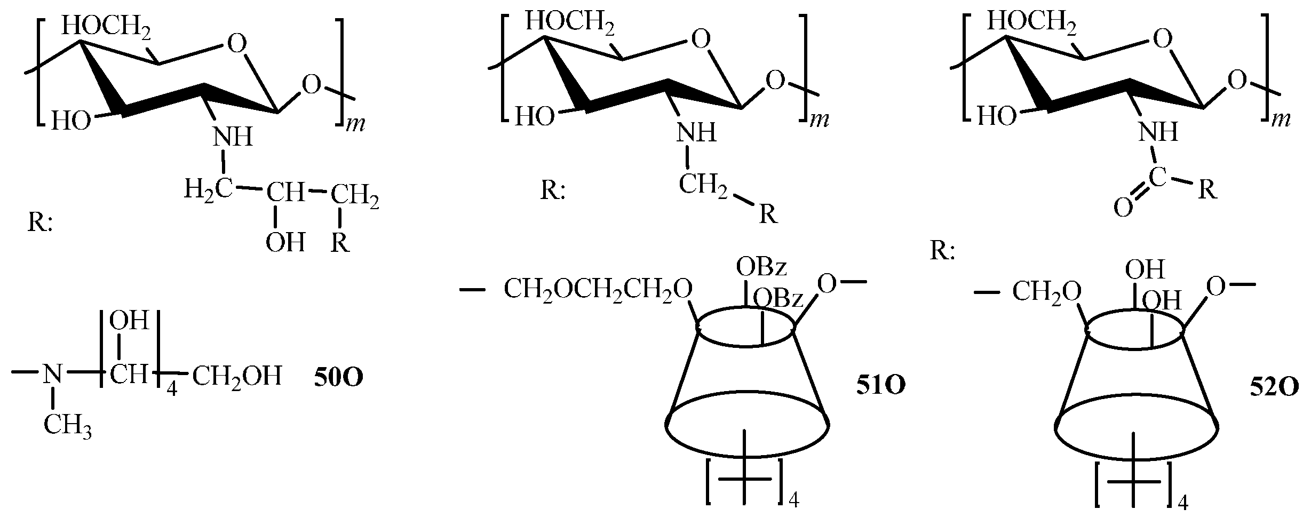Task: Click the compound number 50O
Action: coord(338,378)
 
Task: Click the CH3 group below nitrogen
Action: coord(67,427)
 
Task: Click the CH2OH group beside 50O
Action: coord(236,377)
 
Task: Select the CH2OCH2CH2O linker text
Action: coord(598,291)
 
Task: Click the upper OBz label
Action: coord(761,267)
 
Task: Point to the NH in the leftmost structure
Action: coord(233,137)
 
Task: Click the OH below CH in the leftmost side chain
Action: coord(285,243)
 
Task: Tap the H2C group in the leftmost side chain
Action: coord(208,189)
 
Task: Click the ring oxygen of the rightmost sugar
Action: coord(1163,38)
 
